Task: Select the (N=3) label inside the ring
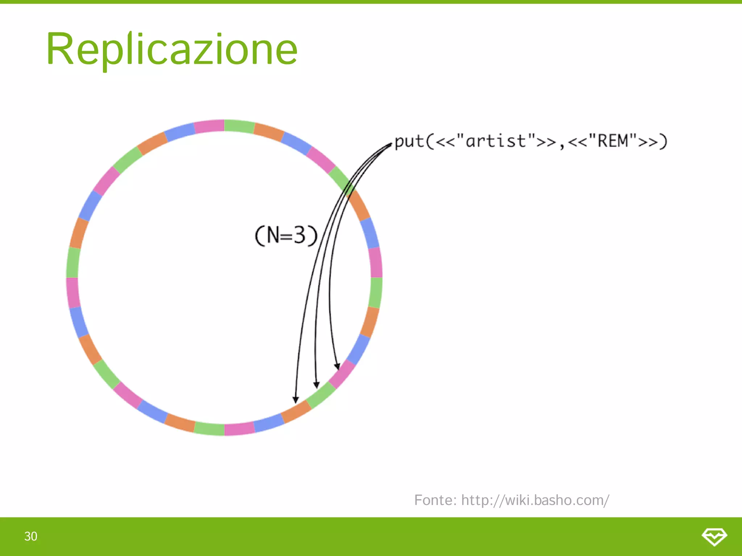[x=286, y=235]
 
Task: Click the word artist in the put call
[x=496, y=141]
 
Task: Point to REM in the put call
[x=613, y=141]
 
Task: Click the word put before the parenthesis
[x=409, y=142]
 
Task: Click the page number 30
[x=31, y=536]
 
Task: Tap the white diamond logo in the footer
[x=714, y=536]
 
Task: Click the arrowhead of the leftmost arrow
[x=296, y=400]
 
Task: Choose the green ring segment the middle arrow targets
[x=321, y=395]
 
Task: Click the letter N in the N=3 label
[x=273, y=235]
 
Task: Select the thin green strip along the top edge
[x=371, y=2]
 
